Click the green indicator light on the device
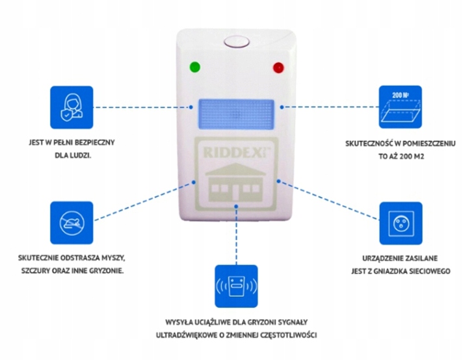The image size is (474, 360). click(194, 67)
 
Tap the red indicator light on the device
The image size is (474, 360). click(278, 68)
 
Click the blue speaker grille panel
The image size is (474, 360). click(236, 114)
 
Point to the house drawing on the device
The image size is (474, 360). click(235, 182)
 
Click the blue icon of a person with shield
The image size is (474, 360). click(72, 107)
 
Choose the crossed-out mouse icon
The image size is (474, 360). click(72, 223)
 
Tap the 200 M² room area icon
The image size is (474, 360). click(401, 107)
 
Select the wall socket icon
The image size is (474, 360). click(401, 224)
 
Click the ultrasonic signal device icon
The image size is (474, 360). click(237, 287)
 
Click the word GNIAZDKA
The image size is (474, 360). click(391, 271)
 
